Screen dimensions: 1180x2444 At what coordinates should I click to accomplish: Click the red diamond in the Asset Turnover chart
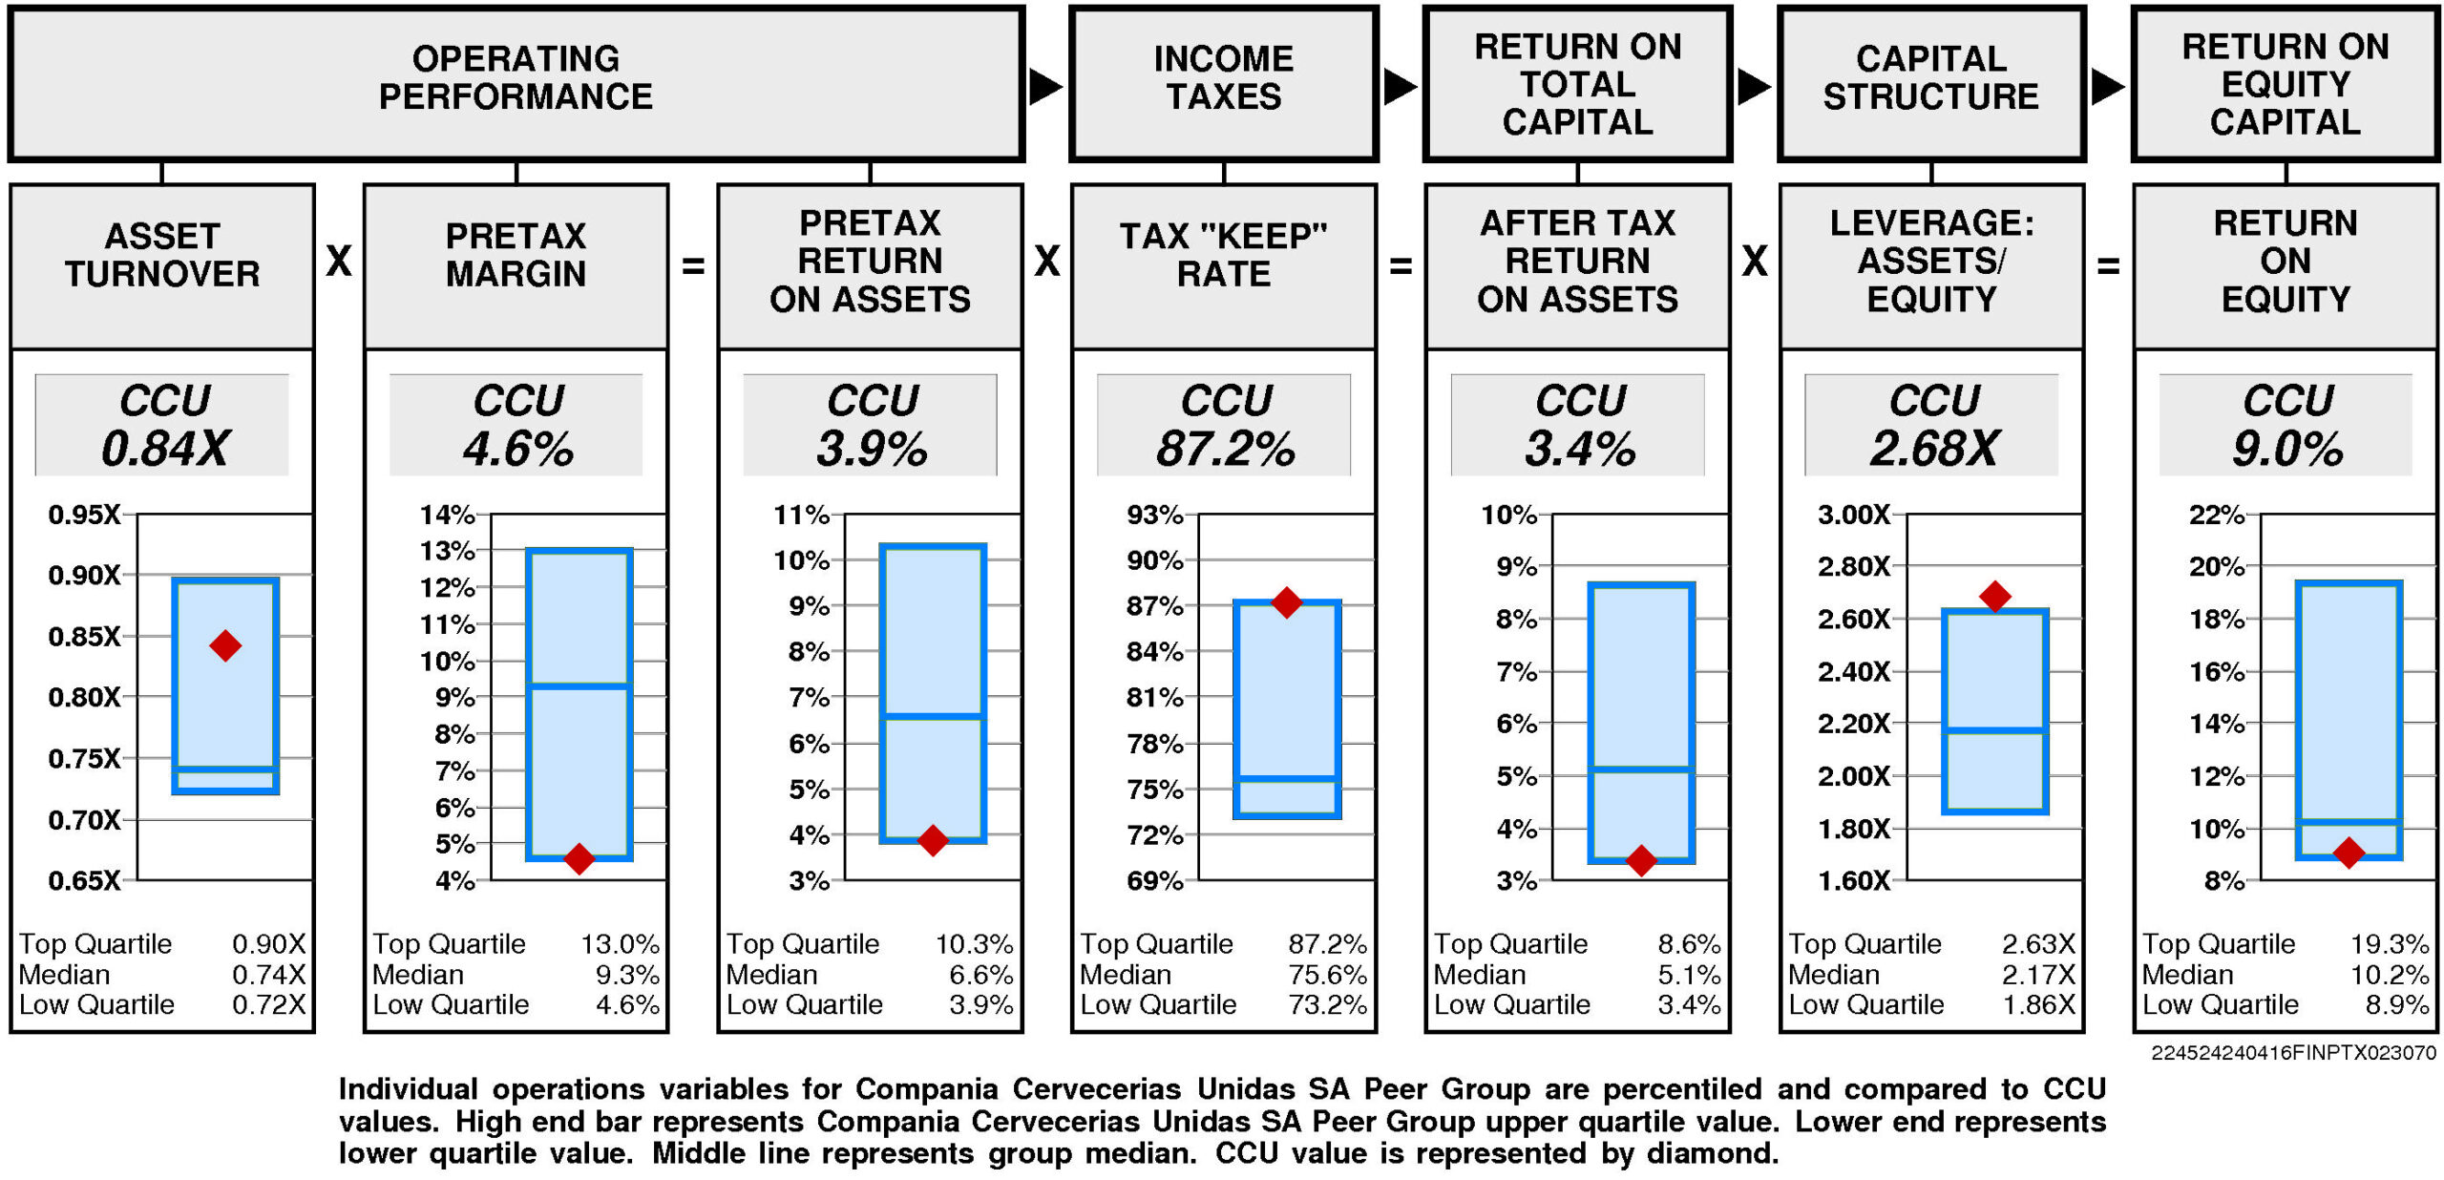(x=225, y=646)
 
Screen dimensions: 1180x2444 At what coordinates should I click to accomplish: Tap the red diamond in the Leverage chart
(x=1994, y=597)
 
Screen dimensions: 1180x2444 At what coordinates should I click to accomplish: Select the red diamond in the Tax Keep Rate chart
(x=1286, y=602)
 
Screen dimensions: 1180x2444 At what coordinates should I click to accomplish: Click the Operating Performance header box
(x=516, y=84)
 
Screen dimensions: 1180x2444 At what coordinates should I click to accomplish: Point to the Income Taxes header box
(x=1223, y=84)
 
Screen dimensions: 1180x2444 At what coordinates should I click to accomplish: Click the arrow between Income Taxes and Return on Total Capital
(x=1400, y=87)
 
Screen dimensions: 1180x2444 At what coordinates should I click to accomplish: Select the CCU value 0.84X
(x=165, y=448)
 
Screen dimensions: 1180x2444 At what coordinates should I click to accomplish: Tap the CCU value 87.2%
(x=1225, y=448)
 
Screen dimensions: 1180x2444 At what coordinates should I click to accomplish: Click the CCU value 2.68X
(x=1933, y=448)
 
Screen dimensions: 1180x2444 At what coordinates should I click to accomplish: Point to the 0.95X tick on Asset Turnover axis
(x=84, y=515)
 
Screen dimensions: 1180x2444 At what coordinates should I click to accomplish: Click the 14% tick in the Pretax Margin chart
(x=447, y=515)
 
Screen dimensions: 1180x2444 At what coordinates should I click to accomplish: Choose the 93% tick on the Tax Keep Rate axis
(x=1154, y=515)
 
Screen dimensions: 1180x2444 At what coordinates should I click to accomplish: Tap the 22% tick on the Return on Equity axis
(x=2216, y=515)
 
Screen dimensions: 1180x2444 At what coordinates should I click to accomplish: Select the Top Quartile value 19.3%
(x=2389, y=944)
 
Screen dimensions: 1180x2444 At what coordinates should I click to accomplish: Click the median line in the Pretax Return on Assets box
(x=932, y=716)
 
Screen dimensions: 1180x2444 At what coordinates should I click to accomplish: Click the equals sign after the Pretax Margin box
(x=693, y=265)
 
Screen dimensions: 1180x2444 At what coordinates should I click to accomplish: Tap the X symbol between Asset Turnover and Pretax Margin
(x=339, y=261)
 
